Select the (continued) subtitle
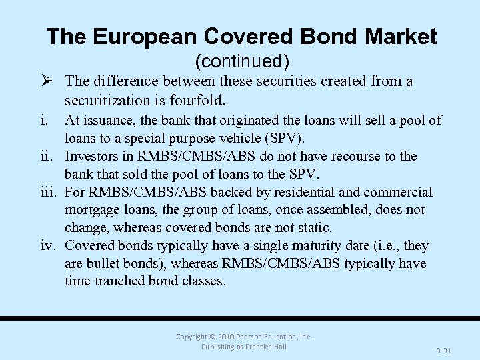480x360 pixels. pyautogui.click(x=242, y=61)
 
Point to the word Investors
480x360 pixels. pyautogui.click(x=93, y=157)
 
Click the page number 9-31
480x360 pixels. pyautogui.click(x=443, y=349)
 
